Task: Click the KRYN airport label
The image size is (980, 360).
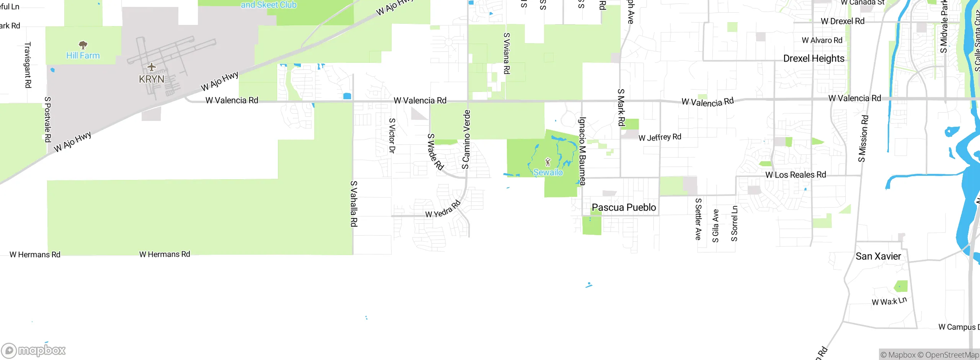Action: (152, 79)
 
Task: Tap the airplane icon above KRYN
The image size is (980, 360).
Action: (152, 68)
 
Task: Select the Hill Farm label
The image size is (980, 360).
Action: (83, 56)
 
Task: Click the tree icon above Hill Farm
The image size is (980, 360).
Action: (83, 45)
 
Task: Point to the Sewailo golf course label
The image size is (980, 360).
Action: (548, 173)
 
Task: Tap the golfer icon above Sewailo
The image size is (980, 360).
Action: (548, 162)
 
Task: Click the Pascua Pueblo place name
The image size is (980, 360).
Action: (624, 208)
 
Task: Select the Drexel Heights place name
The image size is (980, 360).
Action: (814, 59)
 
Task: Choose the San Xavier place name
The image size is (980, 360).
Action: (878, 256)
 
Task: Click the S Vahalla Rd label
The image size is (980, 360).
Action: (354, 204)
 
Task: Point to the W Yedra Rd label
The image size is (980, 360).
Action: (443, 209)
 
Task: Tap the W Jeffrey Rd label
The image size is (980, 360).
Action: (660, 137)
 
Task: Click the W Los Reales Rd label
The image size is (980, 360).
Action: (795, 175)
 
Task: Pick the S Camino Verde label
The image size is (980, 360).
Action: (466, 139)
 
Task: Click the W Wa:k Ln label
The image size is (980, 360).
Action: (889, 301)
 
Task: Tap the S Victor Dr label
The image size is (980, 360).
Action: (392, 136)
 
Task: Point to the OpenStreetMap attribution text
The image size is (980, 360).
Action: (952, 355)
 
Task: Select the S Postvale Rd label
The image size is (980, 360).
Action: (48, 119)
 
